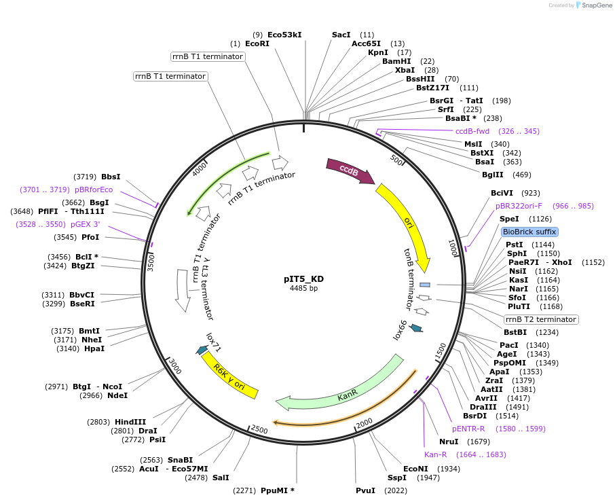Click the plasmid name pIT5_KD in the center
coord(303,279)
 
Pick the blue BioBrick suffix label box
coord(529,232)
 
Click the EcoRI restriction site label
coord(257,43)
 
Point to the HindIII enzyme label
coord(130,421)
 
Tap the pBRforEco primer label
coord(94,190)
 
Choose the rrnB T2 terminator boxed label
coord(541,319)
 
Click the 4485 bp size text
coord(303,289)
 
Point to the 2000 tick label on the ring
coord(365,423)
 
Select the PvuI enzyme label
coord(365,490)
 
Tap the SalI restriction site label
coord(221,478)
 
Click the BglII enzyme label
coord(493,175)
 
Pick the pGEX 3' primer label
coord(85,223)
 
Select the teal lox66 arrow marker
coord(416,328)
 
